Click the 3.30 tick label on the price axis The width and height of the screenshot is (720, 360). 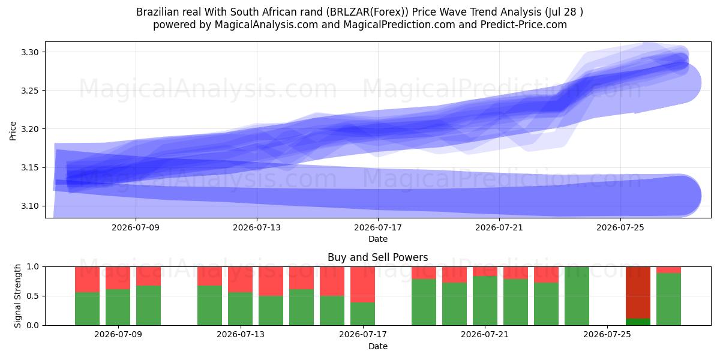pyautogui.click(x=29, y=52)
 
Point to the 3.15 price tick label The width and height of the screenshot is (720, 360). pyautogui.click(x=29, y=167)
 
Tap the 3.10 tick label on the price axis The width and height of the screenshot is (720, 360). pyautogui.click(x=29, y=206)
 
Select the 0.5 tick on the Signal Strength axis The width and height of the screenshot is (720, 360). pyautogui.click(x=32, y=296)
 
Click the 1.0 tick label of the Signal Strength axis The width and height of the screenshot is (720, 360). pyautogui.click(x=32, y=267)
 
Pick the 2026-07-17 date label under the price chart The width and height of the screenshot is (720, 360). pyautogui.click(x=378, y=227)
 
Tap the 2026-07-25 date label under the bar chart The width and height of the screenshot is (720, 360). pyautogui.click(x=607, y=334)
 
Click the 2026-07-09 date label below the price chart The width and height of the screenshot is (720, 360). pyautogui.click(x=136, y=227)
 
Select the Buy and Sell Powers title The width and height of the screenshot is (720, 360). pyautogui.click(x=377, y=257)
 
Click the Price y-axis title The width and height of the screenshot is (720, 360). pyautogui.click(x=13, y=131)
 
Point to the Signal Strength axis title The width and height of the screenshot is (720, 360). pyautogui.click(x=17, y=296)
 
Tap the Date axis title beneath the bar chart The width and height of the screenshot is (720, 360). pyautogui.click(x=378, y=346)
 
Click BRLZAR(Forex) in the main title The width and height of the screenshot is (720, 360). pyautogui.click(x=369, y=12)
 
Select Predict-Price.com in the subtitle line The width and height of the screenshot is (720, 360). pyautogui.click(x=524, y=25)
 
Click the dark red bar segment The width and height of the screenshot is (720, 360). pyautogui.click(x=638, y=293)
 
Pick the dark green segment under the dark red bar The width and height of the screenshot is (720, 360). pyautogui.click(x=638, y=322)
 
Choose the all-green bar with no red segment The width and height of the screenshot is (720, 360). pyautogui.click(x=577, y=296)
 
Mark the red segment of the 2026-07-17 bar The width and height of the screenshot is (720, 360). pyautogui.click(x=362, y=284)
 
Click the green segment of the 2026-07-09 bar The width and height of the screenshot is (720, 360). pyautogui.click(x=118, y=307)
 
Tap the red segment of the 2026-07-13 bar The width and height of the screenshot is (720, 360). pyautogui.click(x=240, y=280)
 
